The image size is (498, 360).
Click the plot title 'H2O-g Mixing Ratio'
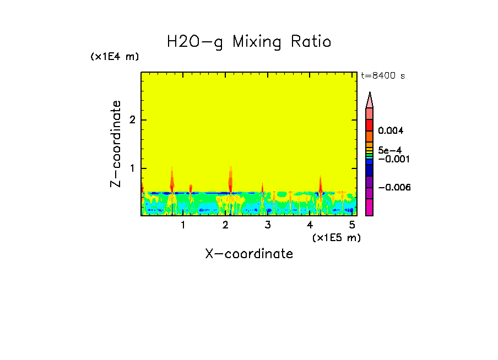[249, 42]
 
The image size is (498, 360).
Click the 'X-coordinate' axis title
[249, 254]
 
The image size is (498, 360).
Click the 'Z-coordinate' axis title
[116, 144]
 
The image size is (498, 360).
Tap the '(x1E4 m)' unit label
[115, 57]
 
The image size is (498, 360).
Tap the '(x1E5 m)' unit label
[336, 237]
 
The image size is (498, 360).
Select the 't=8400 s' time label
[383, 76]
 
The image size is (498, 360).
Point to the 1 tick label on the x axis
[183, 225]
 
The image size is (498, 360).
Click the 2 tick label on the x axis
[225, 225]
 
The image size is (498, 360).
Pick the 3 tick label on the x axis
[268, 225]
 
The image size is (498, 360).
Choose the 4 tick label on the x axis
[310, 225]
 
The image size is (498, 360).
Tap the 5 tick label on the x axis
[352, 225]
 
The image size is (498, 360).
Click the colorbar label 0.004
[391, 131]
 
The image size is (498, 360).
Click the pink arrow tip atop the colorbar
[370, 100]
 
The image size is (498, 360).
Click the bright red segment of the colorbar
[370, 125]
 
